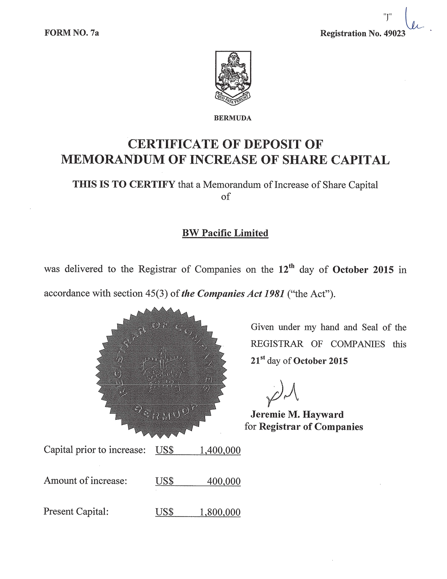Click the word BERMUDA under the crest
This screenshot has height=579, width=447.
click(x=233, y=118)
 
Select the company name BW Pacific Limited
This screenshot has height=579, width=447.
click(x=225, y=233)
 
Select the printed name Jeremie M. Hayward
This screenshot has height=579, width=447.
click(x=297, y=414)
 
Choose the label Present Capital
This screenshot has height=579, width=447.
click(x=76, y=511)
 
